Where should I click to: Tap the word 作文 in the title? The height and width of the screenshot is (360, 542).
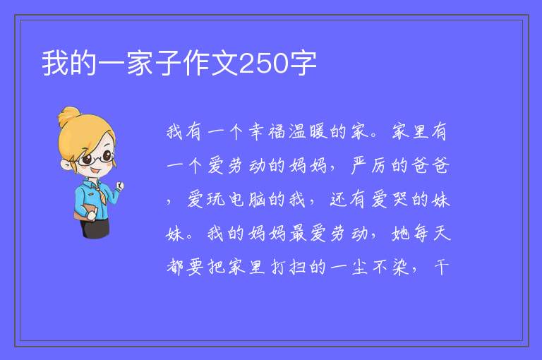[210, 64]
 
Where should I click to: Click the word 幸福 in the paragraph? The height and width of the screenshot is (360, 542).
[267, 132]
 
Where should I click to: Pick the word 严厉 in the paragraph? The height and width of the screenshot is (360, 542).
[370, 165]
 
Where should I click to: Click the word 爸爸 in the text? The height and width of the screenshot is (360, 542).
[430, 165]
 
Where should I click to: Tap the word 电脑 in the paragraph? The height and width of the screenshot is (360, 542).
[247, 200]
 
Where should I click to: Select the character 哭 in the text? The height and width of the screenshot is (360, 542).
[400, 200]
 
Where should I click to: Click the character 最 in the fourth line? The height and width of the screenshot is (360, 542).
[298, 234]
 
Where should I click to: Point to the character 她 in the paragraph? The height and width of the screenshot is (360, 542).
[400, 234]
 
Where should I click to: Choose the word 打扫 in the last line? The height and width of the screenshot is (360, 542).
[288, 268]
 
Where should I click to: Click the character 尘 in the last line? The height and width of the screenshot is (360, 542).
[359, 268]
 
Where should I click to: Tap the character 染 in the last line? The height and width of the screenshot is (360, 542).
[400, 268]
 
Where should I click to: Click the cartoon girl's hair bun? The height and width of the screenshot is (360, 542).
[68, 116]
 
